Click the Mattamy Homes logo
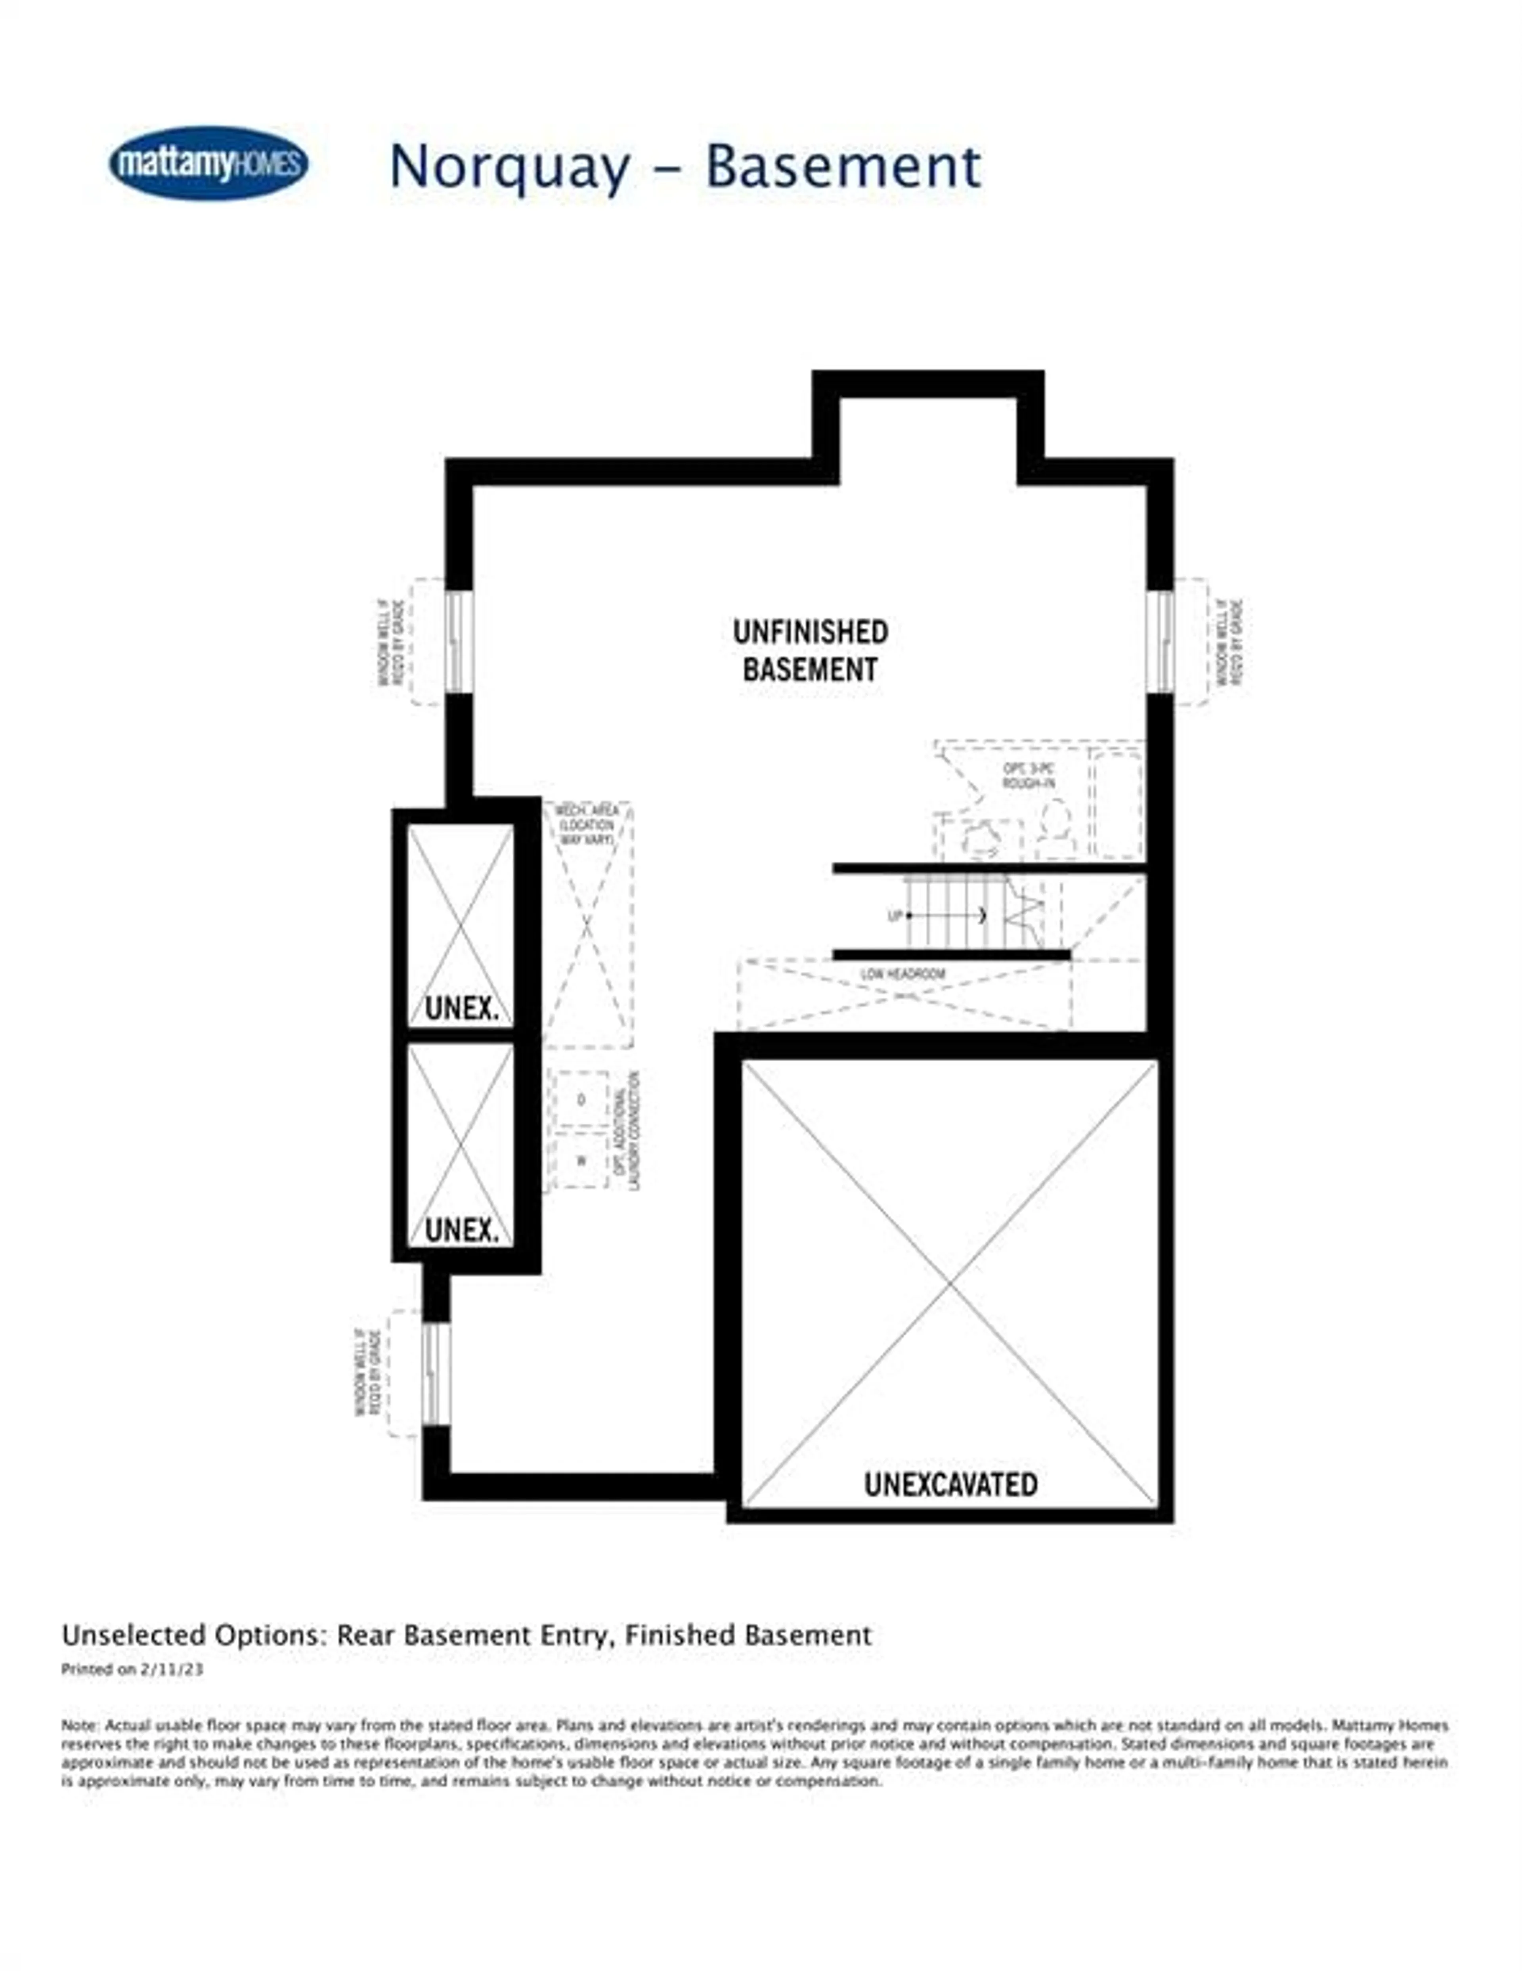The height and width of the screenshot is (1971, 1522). (208, 163)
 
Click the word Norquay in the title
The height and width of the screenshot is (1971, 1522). (509, 168)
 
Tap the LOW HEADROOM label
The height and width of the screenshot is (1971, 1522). (903, 974)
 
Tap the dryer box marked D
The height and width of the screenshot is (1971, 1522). (580, 1099)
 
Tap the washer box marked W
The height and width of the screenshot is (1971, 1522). (580, 1160)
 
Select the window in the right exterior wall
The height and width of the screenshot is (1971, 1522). (1161, 642)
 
